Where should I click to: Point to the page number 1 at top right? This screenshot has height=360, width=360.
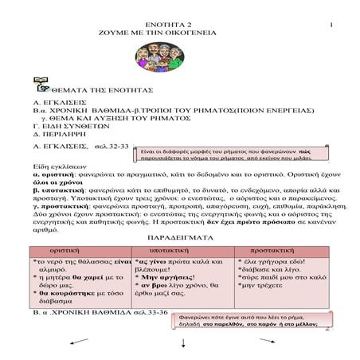click(x=328, y=6)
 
